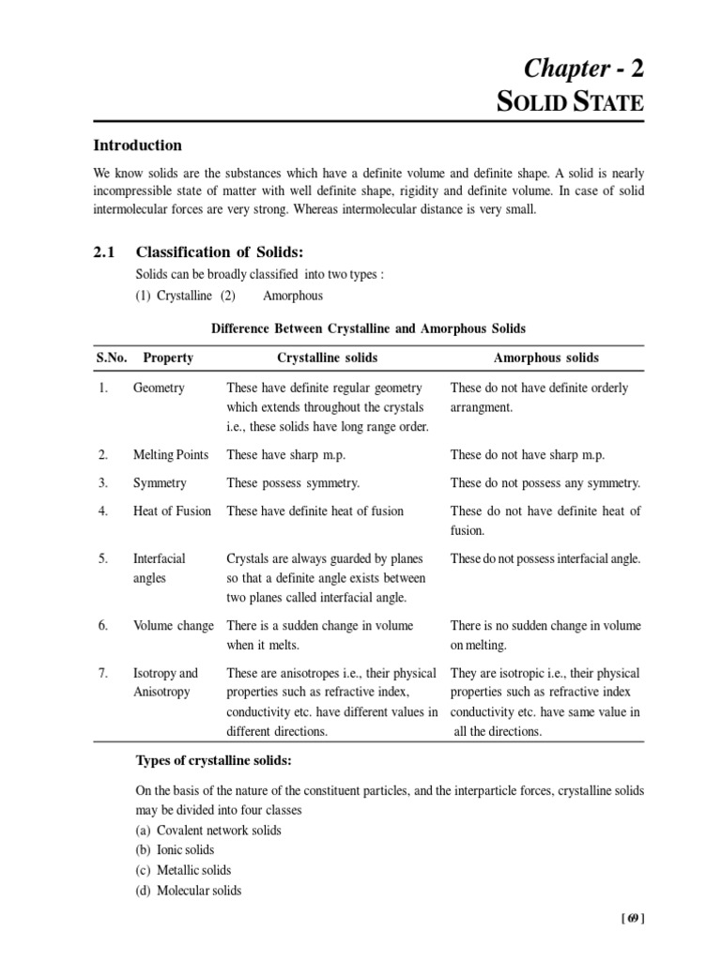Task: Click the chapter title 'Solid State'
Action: coord(570,102)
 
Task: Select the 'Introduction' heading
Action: coord(136,145)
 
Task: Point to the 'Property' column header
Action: coord(168,358)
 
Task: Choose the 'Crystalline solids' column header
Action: coord(331,358)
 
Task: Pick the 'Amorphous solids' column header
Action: coord(545,358)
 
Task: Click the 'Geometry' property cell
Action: coord(159,388)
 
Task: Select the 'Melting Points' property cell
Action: coord(172,454)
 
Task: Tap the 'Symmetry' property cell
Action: coord(160,482)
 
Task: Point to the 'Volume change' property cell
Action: coord(173,625)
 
